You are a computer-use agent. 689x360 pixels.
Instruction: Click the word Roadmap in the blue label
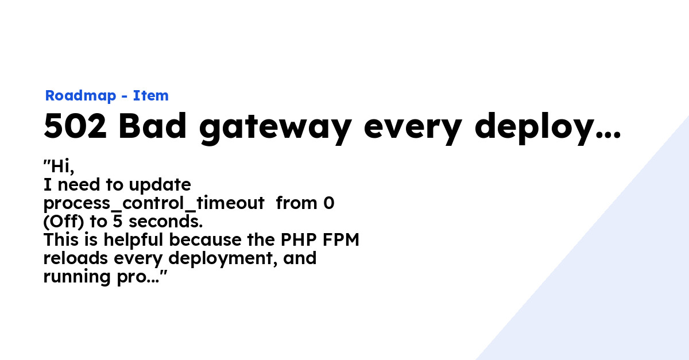point(80,96)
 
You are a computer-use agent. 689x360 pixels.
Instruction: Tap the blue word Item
point(150,95)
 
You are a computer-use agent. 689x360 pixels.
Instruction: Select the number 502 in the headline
point(75,126)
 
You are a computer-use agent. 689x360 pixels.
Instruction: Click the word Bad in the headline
point(153,126)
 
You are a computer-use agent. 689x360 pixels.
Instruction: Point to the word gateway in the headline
point(275,128)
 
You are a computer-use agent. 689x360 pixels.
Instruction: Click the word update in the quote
point(160,185)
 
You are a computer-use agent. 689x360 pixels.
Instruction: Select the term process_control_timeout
point(154,204)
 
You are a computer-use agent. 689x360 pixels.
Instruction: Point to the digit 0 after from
point(329,203)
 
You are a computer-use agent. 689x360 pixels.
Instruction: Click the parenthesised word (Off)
point(64,222)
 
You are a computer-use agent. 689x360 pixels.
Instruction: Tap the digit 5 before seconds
point(118,222)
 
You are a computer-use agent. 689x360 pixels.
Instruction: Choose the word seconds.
point(165,222)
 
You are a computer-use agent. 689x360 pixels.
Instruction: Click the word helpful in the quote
point(133,241)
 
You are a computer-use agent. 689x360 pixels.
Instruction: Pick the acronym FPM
point(341,239)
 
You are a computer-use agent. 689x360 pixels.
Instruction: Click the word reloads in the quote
point(76,258)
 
